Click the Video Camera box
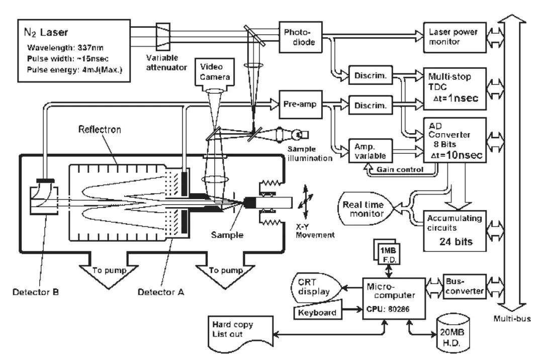point(215,72)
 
